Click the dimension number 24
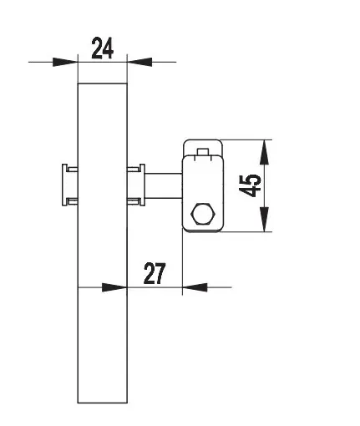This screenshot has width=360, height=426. coord(103,48)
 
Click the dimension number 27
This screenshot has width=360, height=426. coord(155,273)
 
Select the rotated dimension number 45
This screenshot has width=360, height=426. coord(250,185)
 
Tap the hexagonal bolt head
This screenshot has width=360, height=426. coord(203,214)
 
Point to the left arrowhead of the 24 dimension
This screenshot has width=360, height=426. coord(65,62)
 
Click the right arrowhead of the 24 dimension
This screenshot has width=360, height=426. coord(139,62)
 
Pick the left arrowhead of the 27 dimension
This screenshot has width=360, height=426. coord(114,287)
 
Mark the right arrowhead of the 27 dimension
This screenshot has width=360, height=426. coord(195,287)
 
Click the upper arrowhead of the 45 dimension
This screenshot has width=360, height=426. coord(264,152)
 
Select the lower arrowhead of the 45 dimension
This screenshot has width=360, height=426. coord(264,220)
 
